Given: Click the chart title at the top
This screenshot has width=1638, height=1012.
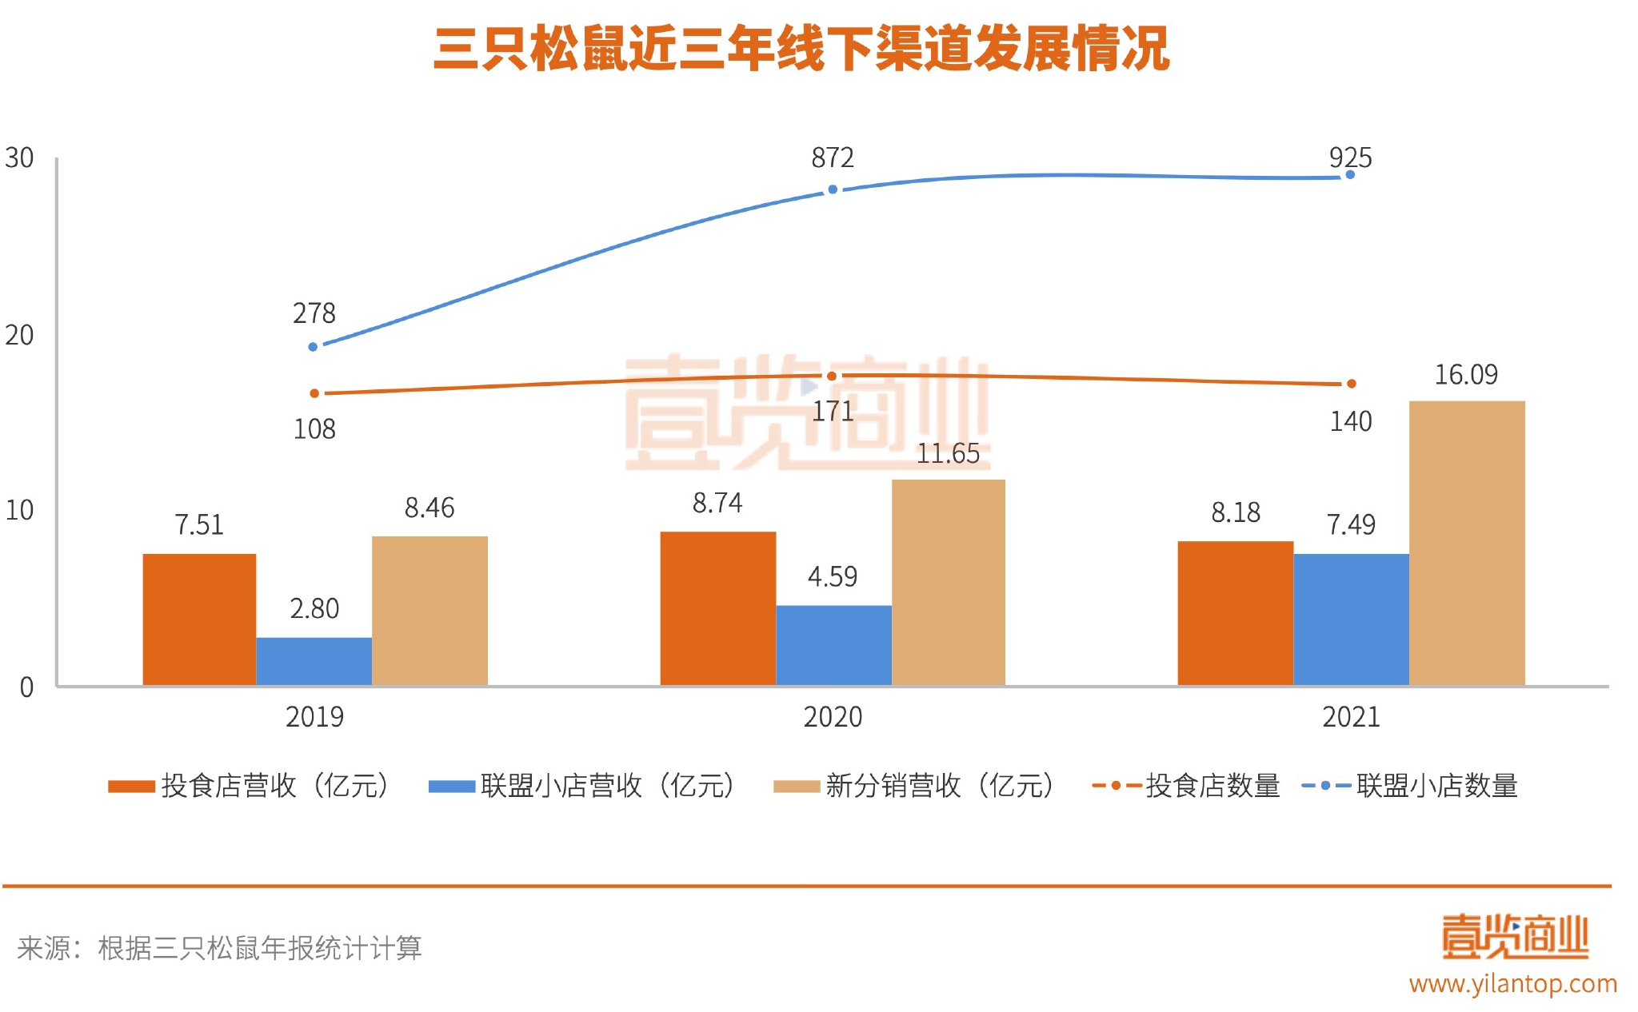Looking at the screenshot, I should [801, 50].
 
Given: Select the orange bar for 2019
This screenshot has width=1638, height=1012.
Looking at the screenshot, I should [199, 619].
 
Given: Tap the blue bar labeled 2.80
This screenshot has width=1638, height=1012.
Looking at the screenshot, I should [314, 661].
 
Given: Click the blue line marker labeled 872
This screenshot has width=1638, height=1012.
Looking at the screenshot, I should [833, 189].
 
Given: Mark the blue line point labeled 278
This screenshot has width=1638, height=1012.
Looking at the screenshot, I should [314, 347].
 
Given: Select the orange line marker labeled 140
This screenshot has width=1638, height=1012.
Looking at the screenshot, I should [1351, 384].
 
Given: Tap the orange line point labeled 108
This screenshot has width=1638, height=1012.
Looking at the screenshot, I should [314, 393].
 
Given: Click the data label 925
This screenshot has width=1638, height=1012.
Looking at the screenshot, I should [1350, 157].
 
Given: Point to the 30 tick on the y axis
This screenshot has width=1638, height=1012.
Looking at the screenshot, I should [19, 158].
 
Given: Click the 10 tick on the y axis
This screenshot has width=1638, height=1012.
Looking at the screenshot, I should [19, 510].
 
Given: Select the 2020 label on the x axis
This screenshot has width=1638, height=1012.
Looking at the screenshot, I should [833, 717].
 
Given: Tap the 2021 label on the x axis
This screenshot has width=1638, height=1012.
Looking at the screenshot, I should [1351, 717].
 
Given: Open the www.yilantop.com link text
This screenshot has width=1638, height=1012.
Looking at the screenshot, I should [1512, 983].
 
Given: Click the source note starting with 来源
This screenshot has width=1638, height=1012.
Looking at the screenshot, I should [219, 948].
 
